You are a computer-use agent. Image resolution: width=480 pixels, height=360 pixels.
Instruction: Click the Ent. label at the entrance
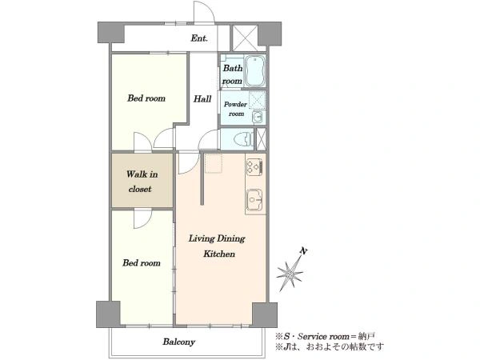pos(199,38)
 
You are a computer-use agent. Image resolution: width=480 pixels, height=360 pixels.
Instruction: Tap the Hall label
pos(202,99)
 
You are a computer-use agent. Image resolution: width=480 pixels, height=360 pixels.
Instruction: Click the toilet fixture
pos(244,139)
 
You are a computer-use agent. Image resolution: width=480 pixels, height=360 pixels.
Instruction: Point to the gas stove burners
pos(254,167)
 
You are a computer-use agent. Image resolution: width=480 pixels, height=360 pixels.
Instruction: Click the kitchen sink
pos(254,200)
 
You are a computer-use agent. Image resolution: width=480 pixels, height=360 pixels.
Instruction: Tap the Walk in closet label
pos(142,182)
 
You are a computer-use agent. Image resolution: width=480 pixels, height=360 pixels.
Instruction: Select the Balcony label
pos(178,342)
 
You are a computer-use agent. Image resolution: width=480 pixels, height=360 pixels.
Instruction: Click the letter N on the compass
pos(303,251)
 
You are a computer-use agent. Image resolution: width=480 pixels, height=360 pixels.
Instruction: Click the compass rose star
pos(289,274)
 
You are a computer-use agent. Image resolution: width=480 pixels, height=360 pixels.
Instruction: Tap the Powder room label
pos(235,109)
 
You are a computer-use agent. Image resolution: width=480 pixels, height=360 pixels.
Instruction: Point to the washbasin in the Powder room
pos(258,117)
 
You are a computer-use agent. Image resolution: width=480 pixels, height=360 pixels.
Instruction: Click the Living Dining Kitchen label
pos(218,246)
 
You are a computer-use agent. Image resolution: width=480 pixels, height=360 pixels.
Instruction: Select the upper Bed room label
pos(146,98)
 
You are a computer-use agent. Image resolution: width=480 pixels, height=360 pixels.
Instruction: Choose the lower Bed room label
pos(142,263)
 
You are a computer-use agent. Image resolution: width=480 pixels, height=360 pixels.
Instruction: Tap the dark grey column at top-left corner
pos(110,32)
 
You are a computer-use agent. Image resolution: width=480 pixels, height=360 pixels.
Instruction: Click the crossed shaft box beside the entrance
pos(245,38)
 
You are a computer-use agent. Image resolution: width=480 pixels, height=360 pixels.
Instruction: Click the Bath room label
pos(232,74)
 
